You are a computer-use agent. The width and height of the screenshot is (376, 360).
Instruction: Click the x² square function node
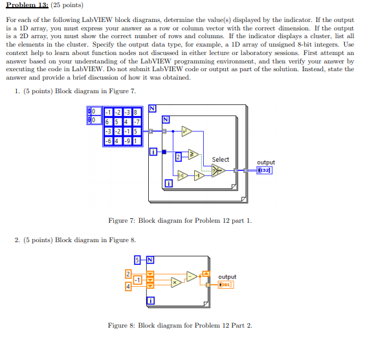coord(186,131)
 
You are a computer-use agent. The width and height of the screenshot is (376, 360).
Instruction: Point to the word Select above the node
coord(220,159)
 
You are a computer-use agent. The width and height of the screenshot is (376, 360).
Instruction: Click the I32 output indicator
coord(264,170)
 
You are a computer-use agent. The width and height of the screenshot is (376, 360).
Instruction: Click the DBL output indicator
coord(225,284)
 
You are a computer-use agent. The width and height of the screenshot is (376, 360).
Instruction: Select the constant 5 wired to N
coord(138,260)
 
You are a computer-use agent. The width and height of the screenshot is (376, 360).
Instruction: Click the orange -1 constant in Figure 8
coord(137,280)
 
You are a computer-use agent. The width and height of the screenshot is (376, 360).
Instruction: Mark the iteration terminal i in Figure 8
coord(151,300)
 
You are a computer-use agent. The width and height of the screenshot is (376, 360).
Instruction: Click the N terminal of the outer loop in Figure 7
coord(153,107)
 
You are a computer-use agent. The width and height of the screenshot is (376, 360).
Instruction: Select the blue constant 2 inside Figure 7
coord(178,155)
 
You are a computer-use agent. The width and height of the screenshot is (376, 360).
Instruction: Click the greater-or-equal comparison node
coord(192,154)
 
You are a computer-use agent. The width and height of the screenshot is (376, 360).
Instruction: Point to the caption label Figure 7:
coord(122,221)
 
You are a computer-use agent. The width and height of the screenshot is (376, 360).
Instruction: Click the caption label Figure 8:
coord(122,325)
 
